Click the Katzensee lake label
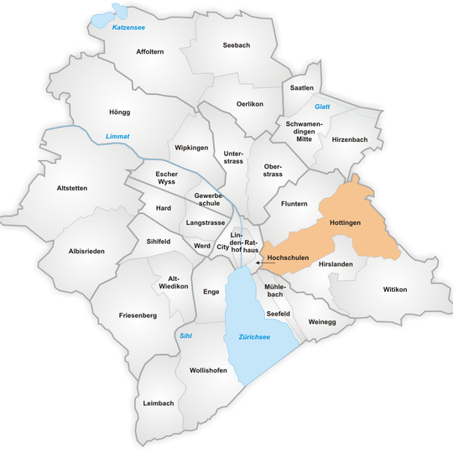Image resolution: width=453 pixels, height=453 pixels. coord(129,28)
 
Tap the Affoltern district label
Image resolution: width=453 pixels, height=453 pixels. coord(150,51)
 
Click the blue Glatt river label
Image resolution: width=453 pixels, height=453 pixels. coord(322,107)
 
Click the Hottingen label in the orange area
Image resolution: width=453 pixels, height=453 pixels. coord(345,224)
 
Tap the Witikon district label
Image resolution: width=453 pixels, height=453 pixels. coord(394,289)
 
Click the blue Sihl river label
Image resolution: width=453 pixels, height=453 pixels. coord(186,336)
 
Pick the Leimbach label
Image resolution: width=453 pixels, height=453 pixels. coord(159,403)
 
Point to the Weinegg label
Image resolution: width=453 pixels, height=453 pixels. coord(322,321)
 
